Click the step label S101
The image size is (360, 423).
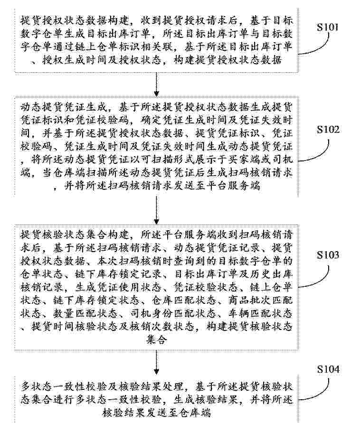pos(327,27)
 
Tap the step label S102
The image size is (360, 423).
pos(328,130)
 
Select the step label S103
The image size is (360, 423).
pos(328,254)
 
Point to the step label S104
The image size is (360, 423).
pos(328,369)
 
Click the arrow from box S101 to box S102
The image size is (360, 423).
pos(156,85)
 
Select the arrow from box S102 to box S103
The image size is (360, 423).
pos(156,210)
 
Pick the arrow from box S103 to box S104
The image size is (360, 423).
pos(156,363)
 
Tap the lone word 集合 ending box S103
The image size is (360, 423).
pos(156,339)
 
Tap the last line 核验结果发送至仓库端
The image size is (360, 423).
pos(157,413)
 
